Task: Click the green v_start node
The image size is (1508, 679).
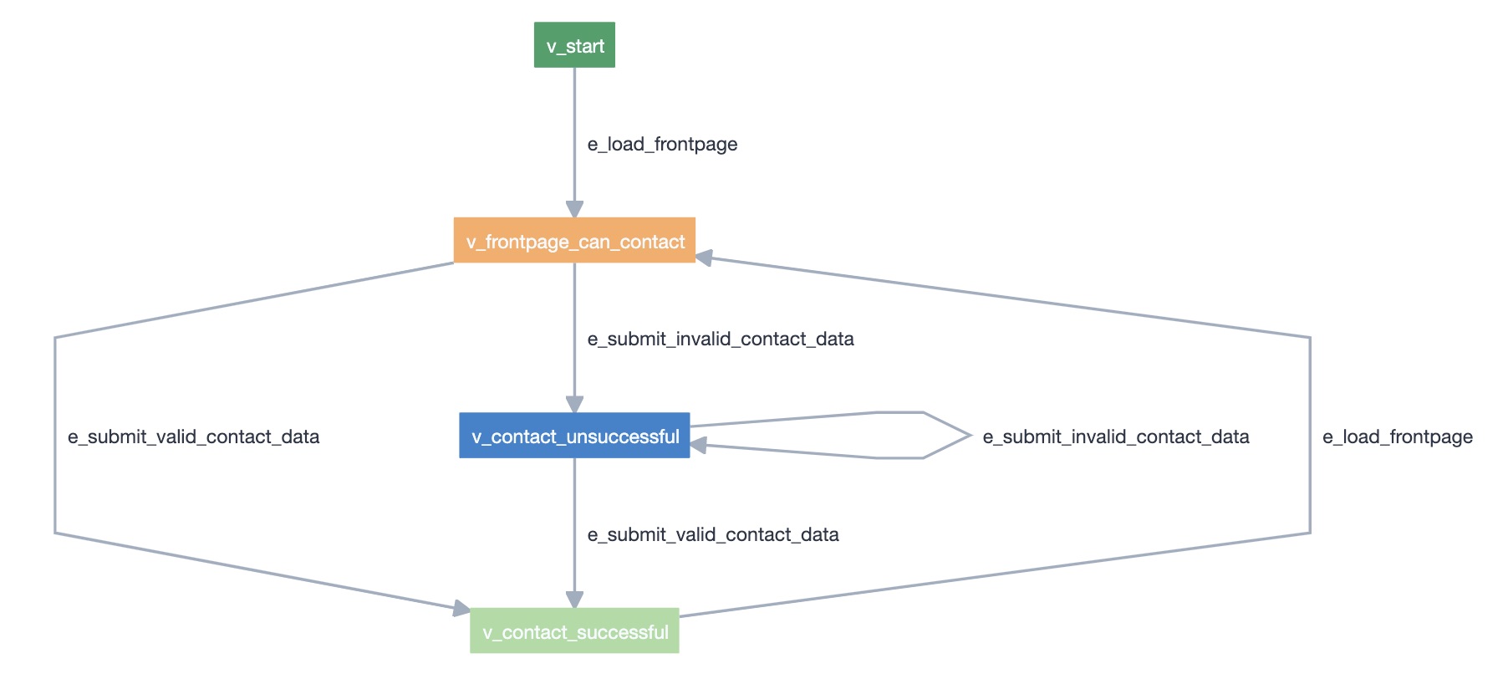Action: click(574, 45)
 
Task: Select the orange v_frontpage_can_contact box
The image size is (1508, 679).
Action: click(574, 241)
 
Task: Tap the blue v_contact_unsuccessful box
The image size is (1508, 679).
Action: click(574, 436)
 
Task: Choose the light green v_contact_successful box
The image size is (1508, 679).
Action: click(574, 631)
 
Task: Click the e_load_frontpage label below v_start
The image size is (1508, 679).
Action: click(662, 144)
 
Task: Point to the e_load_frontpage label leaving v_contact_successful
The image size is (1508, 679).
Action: click(1398, 436)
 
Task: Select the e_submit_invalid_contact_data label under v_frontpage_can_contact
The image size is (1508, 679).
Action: click(721, 339)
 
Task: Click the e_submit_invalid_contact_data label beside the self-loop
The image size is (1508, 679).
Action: click(1116, 436)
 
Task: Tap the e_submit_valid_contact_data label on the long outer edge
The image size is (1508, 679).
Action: click(193, 436)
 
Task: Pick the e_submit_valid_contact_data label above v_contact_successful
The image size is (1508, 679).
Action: click(713, 534)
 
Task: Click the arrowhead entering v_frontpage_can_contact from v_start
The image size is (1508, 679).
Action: click(574, 209)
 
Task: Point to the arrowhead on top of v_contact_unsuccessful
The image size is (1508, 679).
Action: click(574, 404)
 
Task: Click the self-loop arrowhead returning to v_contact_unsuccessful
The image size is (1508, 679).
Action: click(699, 446)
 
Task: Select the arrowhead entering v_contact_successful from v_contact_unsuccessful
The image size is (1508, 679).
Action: click(574, 599)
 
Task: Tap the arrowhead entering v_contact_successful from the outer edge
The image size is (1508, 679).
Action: click(461, 609)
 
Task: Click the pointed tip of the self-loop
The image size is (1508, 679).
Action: click(970, 435)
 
